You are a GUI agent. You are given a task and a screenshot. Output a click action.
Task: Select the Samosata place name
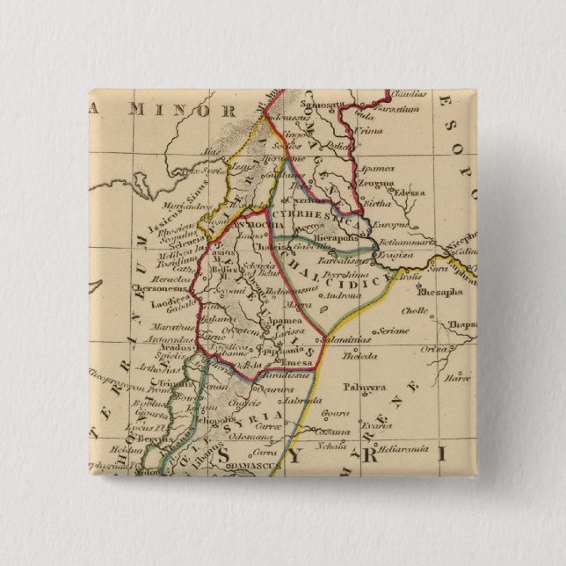tap(325, 104)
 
